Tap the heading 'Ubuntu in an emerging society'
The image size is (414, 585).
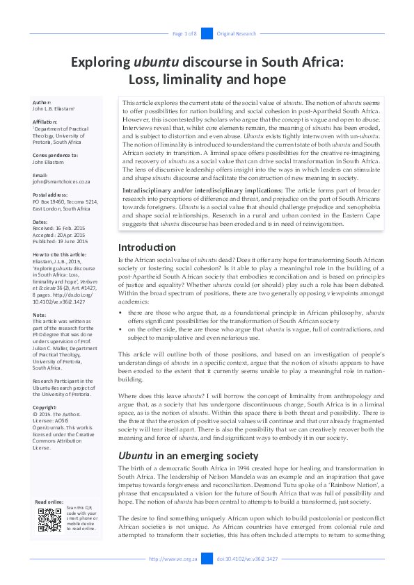tap(188, 456)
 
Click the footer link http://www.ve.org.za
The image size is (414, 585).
tap(173, 559)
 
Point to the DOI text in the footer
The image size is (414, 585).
tap(247, 559)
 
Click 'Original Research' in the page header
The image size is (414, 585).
tap(237, 33)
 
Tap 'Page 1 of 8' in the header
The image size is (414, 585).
tap(184, 33)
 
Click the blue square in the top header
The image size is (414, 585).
tap(207, 33)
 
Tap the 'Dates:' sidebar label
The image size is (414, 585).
tap(40, 222)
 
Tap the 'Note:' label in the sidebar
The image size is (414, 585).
tap(39, 315)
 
